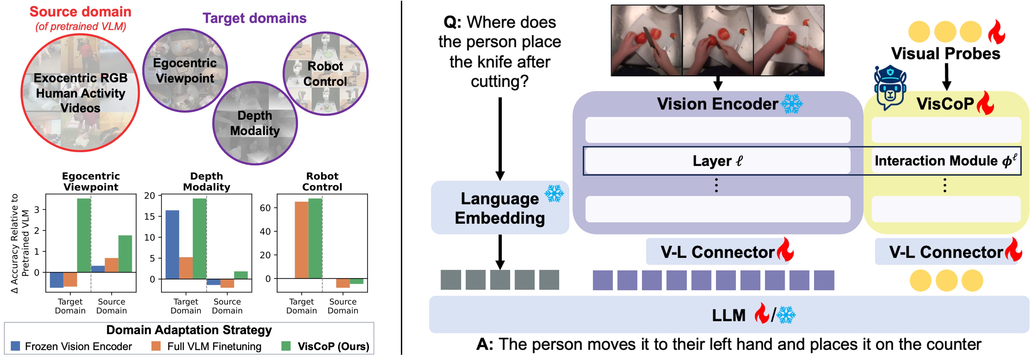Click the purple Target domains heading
tap(254, 18)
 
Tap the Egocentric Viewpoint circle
tap(185, 70)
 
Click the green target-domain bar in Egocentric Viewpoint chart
tap(84, 235)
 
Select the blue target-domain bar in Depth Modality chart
tap(172, 244)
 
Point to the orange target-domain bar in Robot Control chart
tap(301, 240)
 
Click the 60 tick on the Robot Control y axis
tap(265, 208)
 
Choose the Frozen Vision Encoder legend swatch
tap(15, 346)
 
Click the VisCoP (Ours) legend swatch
tap(286, 346)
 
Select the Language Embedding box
tap(500, 208)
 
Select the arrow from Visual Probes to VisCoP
tap(946, 77)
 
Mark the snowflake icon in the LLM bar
tap(786, 315)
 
